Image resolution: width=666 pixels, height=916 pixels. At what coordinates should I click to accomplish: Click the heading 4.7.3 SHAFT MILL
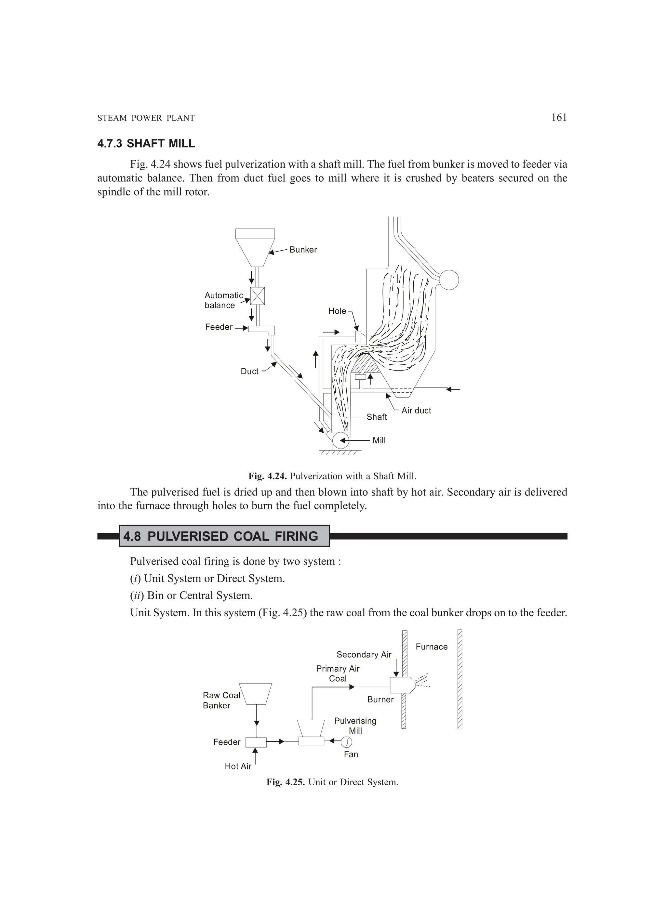point(146,143)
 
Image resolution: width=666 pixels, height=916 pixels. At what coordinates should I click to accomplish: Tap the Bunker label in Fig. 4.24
point(303,250)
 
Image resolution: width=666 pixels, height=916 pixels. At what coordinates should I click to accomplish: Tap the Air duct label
point(416,410)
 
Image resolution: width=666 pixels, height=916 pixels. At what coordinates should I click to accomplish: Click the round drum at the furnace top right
point(448,280)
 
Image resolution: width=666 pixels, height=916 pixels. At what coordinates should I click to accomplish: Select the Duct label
point(249,371)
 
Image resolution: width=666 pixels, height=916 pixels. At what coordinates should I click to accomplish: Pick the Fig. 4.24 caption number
point(268,476)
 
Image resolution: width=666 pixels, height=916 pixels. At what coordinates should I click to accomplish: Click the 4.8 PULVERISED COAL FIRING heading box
point(224,536)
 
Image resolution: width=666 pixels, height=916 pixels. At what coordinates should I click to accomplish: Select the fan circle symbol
point(346,741)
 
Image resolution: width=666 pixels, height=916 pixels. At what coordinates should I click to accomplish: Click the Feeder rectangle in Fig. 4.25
point(256,742)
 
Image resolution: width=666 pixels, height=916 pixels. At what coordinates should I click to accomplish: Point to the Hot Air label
point(238,766)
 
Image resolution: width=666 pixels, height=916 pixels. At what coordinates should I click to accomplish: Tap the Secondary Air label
point(364,654)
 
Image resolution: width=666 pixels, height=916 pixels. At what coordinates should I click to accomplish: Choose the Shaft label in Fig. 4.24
point(377,417)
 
